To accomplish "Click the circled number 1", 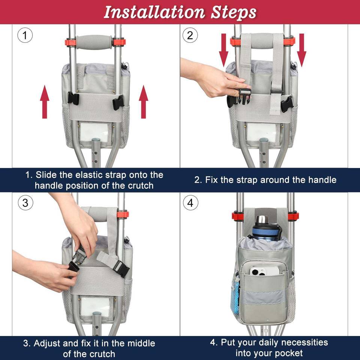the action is [x=25, y=35].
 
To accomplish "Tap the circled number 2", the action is [x=190, y=35].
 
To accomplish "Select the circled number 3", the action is [x=25, y=203].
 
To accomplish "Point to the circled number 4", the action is [x=190, y=203].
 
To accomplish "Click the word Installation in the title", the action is [x=154, y=12].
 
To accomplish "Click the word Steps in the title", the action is [x=234, y=13].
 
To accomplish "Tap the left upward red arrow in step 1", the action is [x=45, y=102].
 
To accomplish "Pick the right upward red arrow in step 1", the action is [x=144, y=102].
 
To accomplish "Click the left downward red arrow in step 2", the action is [x=223, y=50].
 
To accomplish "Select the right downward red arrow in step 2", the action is [x=301, y=50].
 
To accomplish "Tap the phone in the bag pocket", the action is [x=264, y=271].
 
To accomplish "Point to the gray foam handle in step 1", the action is [x=94, y=42].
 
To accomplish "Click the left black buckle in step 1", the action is [x=73, y=99].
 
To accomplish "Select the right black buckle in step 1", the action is [x=118, y=102].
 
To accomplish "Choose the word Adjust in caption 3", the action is [x=47, y=343].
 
